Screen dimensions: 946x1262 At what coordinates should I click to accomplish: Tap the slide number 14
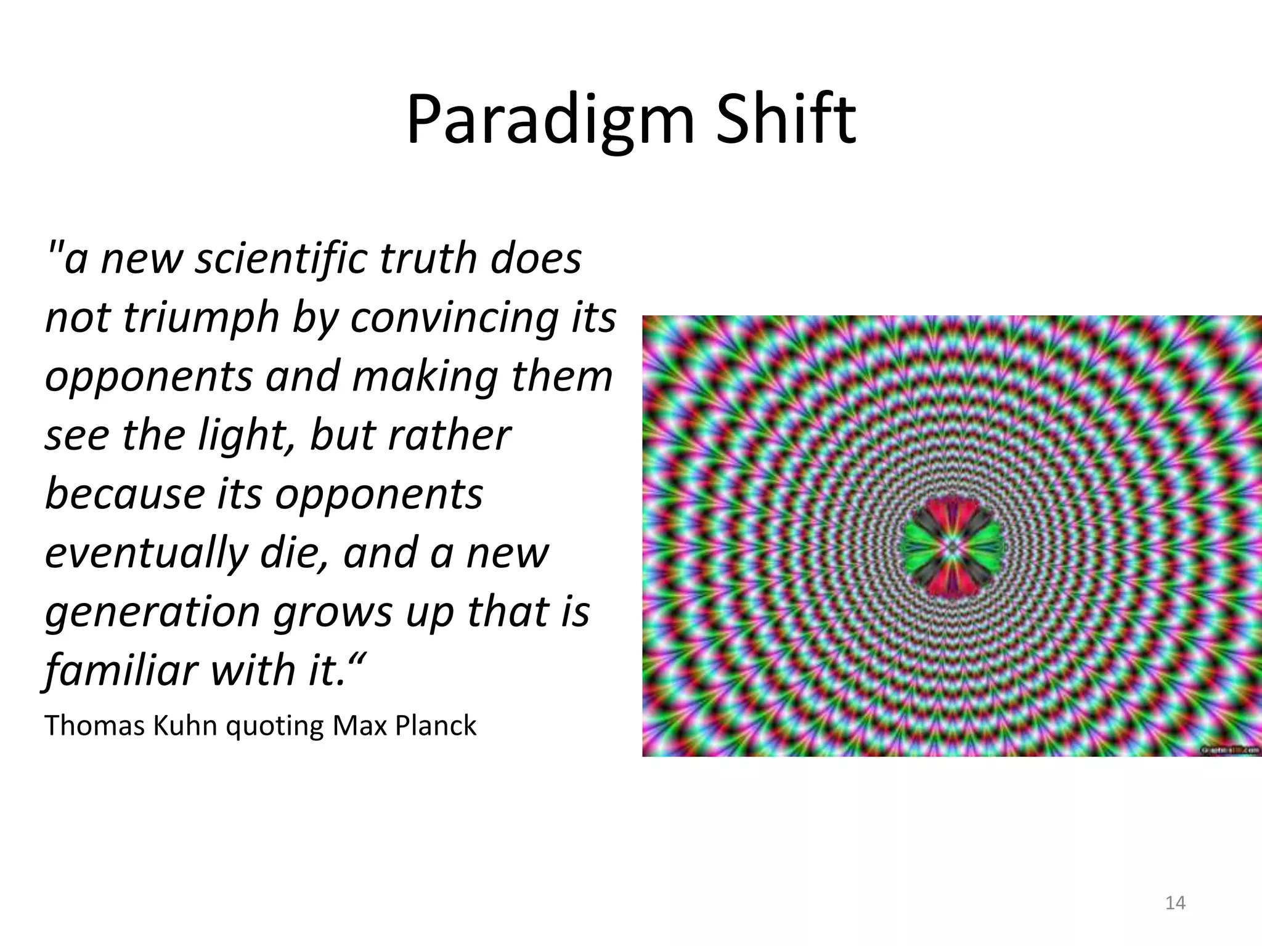[x=1175, y=903]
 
